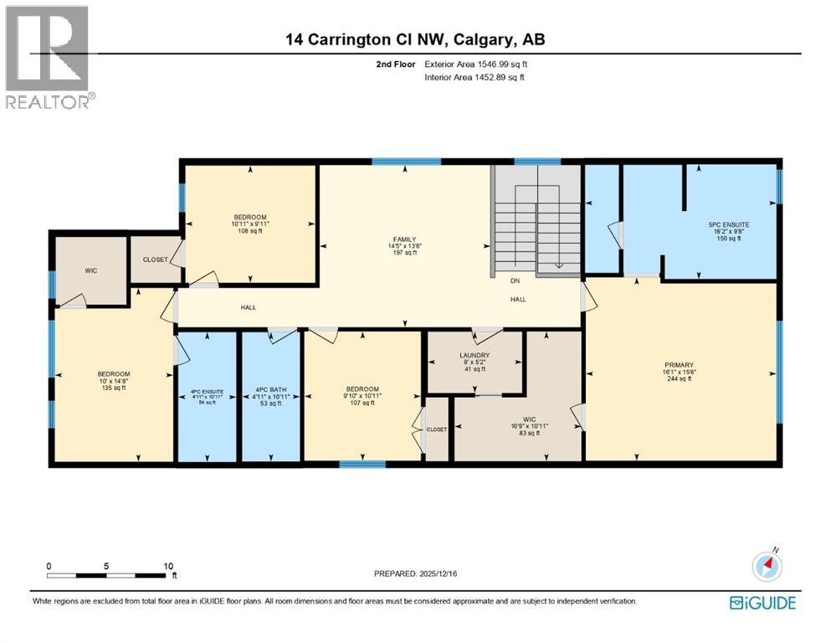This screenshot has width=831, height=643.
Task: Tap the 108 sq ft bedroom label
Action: click(x=249, y=224)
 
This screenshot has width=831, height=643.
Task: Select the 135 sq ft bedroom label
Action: click(x=113, y=381)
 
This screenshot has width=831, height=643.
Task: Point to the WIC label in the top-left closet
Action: click(x=91, y=270)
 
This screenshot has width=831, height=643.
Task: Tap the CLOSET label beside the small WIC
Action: click(x=155, y=260)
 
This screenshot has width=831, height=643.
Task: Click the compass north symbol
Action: click(x=766, y=566)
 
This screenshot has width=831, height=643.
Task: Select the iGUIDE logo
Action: click(x=762, y=603)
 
